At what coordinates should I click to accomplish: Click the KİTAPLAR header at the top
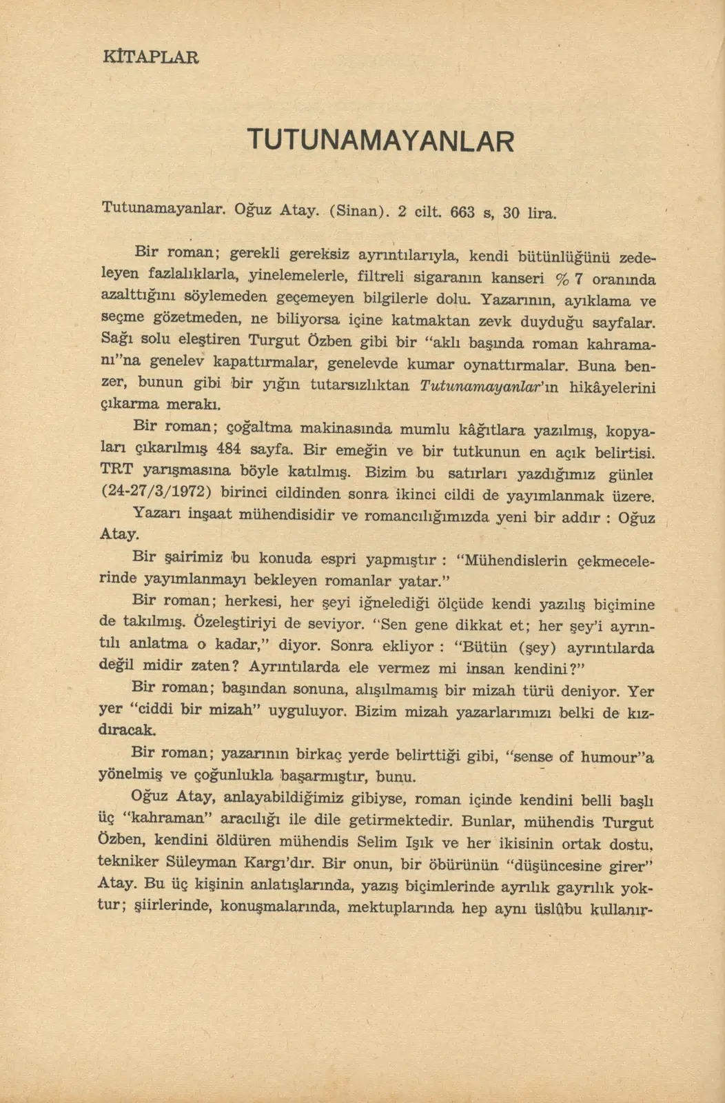(x=150, y=57)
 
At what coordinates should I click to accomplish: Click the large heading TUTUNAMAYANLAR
(x=380, y=141)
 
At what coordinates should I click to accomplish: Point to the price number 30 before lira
(x=511, y=213)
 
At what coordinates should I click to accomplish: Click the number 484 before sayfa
(x=228, y=449)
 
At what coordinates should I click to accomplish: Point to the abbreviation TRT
(x=117, y=469)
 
